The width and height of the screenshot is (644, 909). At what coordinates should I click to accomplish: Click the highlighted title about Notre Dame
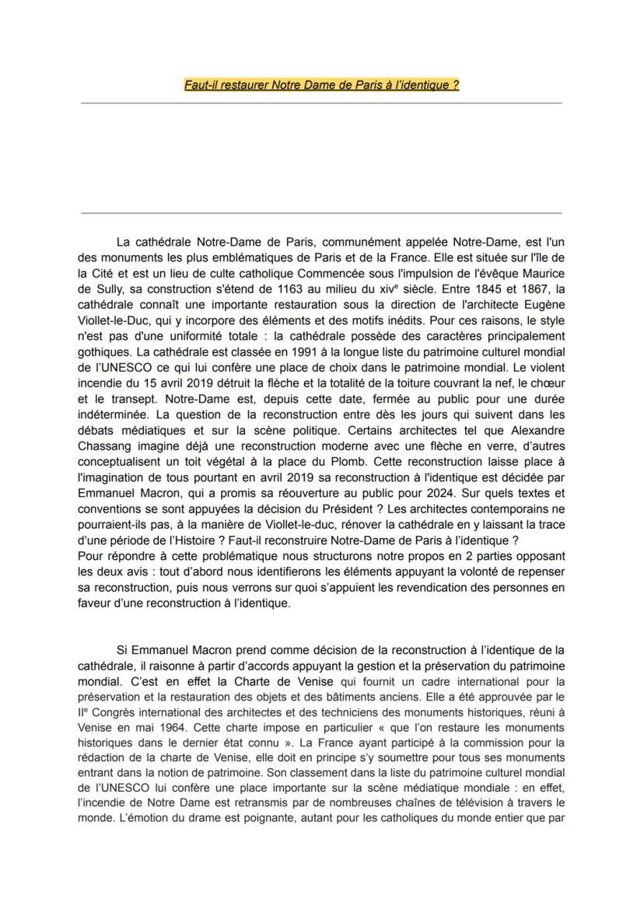pos(321,85)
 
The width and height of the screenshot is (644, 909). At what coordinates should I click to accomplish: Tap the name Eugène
pos(544,306)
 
